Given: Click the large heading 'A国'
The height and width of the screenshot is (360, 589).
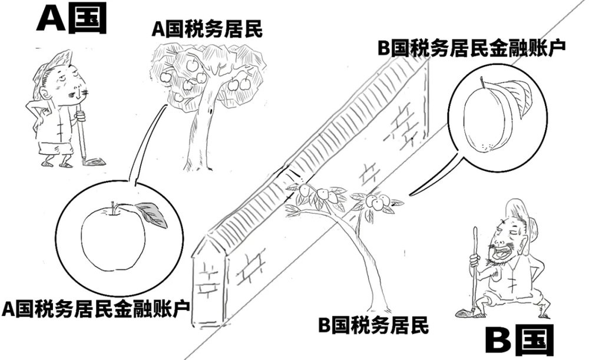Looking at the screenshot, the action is pos(71,18).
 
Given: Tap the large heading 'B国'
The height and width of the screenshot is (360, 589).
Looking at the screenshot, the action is pos(519,340).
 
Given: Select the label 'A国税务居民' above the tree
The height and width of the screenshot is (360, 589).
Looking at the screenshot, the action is pos(207,29).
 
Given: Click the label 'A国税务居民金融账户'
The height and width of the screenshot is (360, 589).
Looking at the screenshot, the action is pos(95,309).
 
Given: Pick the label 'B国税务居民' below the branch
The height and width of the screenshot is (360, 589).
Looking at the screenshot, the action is pos(373,325).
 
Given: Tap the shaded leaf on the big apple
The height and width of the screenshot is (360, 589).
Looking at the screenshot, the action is pos(152,214).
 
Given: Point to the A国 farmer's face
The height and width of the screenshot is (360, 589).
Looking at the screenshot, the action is pos(70,83).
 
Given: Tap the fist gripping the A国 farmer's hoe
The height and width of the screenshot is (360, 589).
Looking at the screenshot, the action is pos(80,115).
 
